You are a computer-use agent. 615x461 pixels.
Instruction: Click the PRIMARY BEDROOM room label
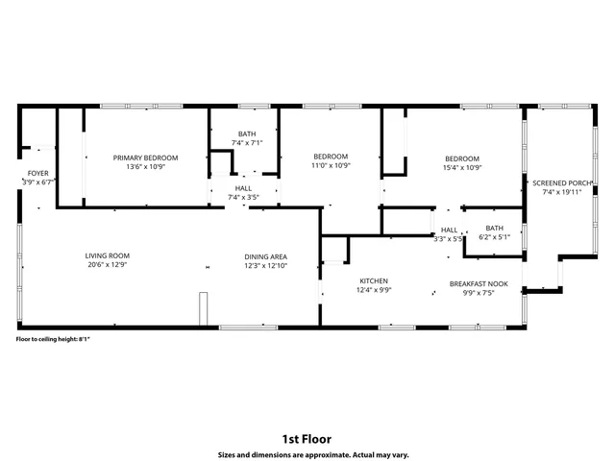click(146, 158)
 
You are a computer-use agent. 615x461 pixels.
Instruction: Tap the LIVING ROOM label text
click(107, 255)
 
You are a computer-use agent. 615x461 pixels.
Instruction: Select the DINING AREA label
click(266, 255)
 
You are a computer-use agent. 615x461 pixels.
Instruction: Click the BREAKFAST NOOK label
click(478, 284)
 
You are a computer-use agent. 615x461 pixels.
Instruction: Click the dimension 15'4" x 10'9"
click(461, 166)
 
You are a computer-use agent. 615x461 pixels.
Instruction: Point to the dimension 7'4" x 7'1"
click(247, 143)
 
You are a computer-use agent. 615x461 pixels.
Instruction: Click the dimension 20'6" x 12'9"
click(107, 265)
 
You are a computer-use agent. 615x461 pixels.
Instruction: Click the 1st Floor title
click(307, 439)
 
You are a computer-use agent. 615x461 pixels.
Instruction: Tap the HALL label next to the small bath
click(449, 230)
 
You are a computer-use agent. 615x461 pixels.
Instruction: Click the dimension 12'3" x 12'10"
click(266, 265)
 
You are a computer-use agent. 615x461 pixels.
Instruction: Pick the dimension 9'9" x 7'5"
click(478, 293)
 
